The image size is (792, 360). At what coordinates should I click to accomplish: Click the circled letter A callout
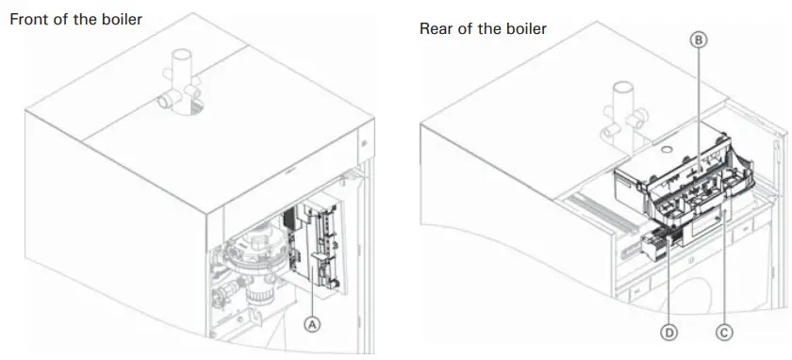tap(314, 322)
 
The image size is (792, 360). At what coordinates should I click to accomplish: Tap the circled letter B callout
tap(699, 41)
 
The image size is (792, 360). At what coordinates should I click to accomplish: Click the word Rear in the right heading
tap(437, 28)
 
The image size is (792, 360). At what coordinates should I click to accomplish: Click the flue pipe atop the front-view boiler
tap(179, 80)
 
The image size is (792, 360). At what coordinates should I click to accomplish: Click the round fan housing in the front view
tap(254, 251)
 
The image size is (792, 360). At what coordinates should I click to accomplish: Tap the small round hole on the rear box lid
tap(667, 148)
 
